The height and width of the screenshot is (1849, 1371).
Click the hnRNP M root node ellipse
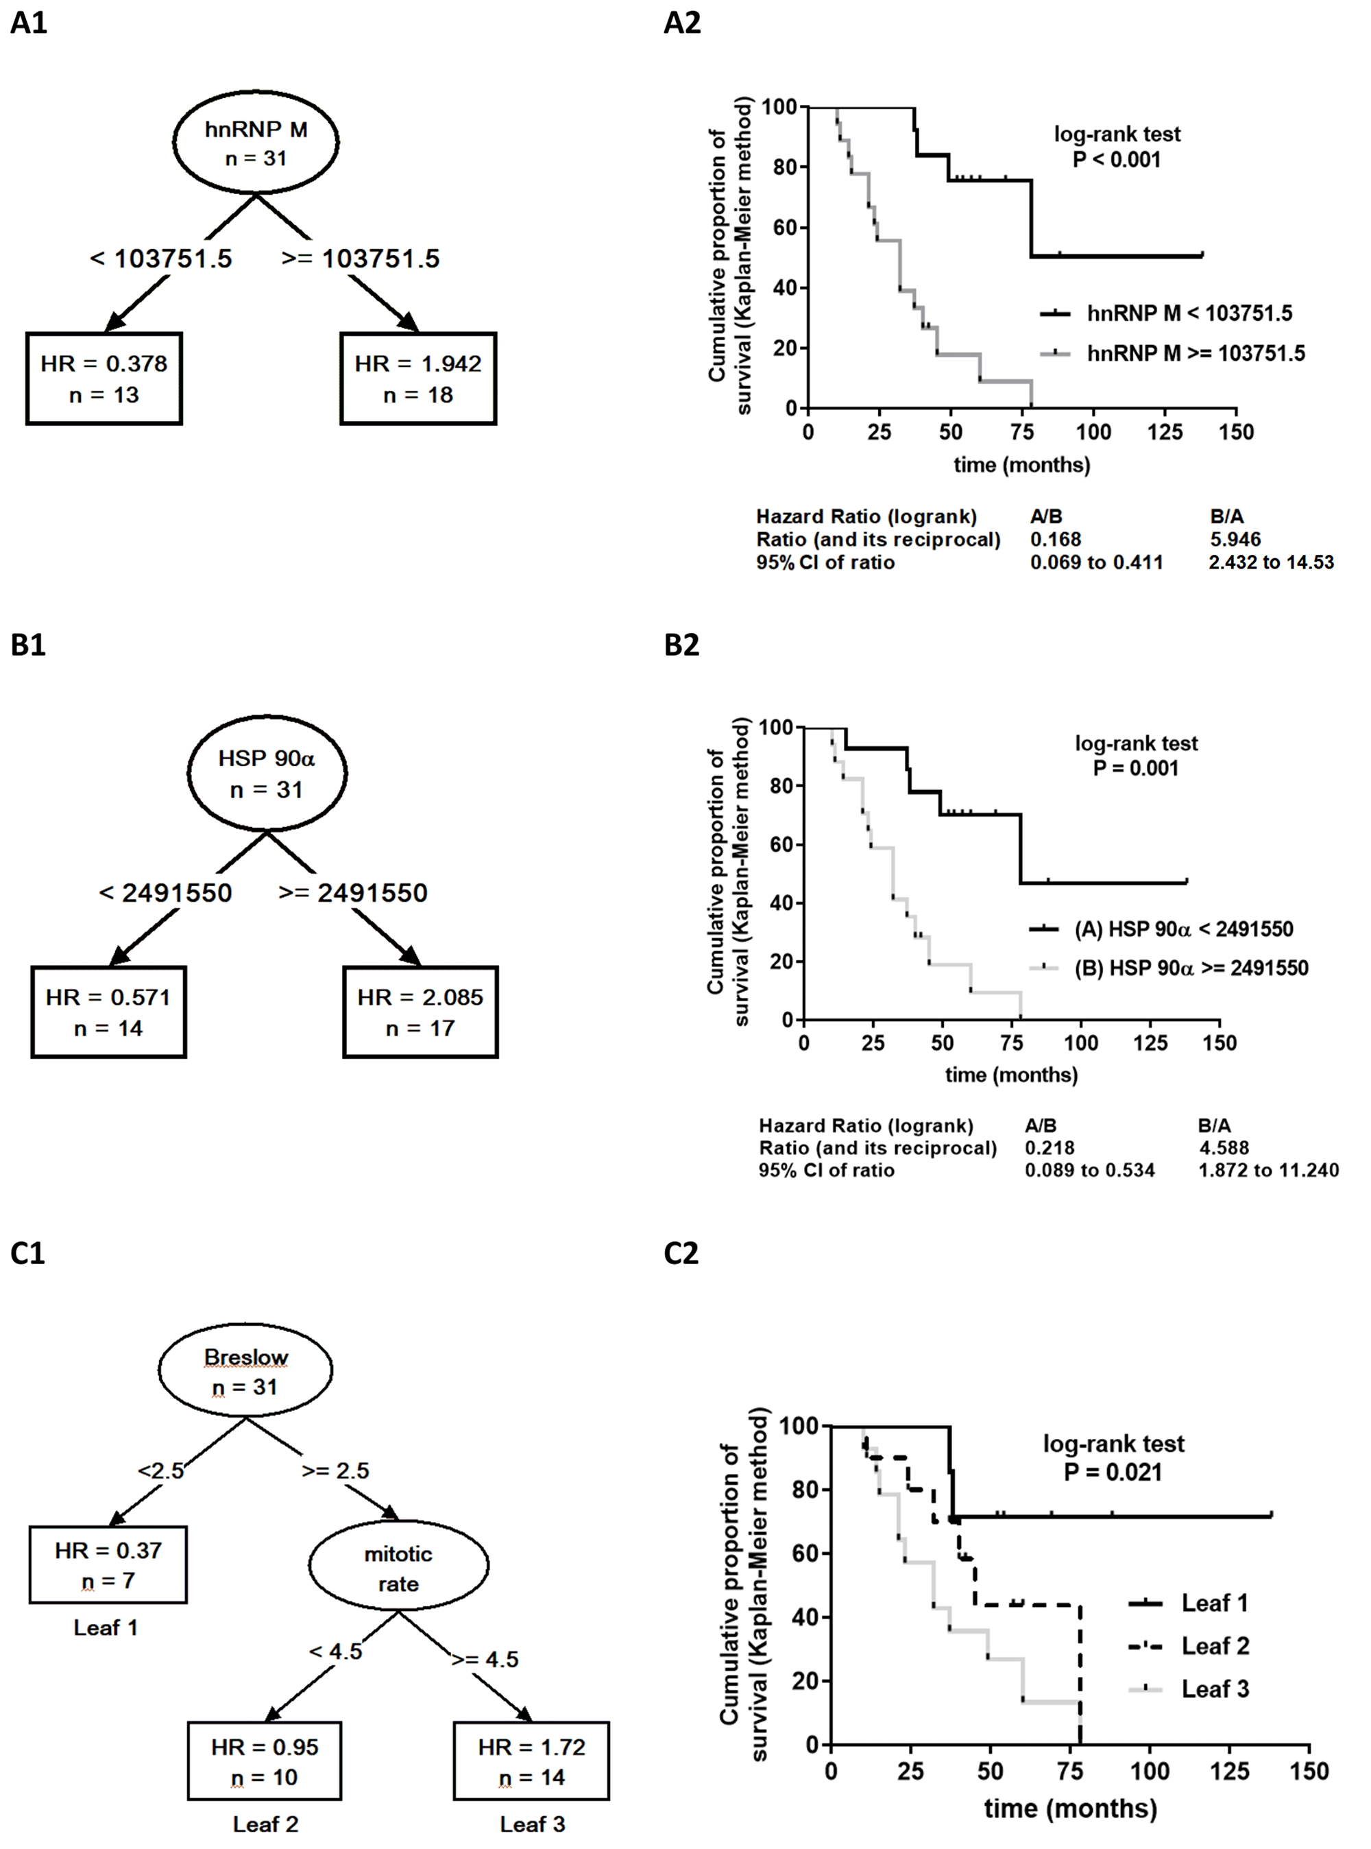(x=256, y=142)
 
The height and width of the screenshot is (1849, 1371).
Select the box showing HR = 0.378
(x=104, y=379)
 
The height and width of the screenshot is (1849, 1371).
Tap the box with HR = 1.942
(x=417, y=379)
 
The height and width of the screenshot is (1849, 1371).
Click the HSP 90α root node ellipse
(x=267, y=773)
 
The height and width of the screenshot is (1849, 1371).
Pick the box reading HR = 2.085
(x=420, y=1012)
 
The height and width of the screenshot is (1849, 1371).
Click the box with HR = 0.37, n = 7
(x=108, y=1564)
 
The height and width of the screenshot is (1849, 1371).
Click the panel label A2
(x=682, y=23)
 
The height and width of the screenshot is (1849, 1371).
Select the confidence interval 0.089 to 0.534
(x=1090, y=1171)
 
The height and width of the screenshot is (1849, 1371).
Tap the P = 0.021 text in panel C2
(x=1113, y=1472)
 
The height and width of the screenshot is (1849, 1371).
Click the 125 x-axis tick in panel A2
(x=1165, y=432)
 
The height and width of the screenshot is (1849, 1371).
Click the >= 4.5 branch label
(x=485, y=1659)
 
